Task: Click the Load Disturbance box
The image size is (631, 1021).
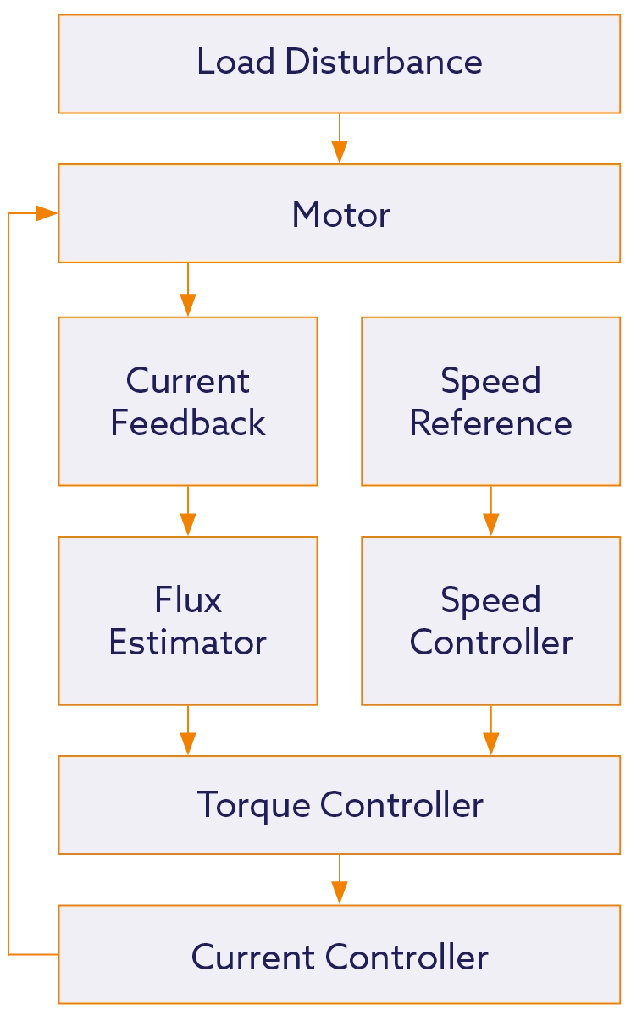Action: point(339,63)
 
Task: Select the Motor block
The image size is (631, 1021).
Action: point(339,213)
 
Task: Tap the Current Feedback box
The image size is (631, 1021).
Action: point(187,401)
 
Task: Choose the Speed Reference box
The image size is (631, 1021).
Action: point(490,401)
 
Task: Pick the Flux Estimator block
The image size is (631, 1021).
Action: point(187,621)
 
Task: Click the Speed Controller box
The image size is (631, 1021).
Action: point(490,621)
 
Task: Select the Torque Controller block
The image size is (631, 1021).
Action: point(339,804)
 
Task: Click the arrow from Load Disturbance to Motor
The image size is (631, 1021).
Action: point(339,140)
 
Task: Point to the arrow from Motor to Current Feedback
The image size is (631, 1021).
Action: point(187,290)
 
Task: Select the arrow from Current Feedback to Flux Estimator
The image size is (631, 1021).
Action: point(187,511)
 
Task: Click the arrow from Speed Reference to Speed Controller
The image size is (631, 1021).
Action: point(490,511)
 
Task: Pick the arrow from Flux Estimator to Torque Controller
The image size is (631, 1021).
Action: point(187,731)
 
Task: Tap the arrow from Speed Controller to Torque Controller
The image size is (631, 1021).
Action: point(490,731)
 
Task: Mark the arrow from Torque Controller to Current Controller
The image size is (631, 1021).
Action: point(339,880)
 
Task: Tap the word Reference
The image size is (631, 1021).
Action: point(490,423)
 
